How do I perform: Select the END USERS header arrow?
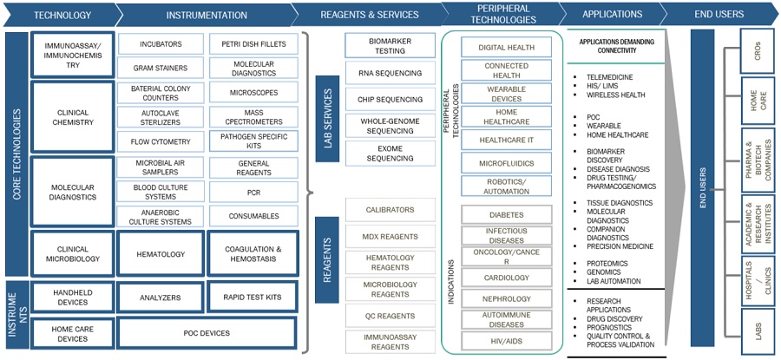(719, 15)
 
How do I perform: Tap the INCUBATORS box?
(161, 43)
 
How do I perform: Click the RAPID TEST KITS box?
(253, 298)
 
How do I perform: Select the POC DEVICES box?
(207, 333)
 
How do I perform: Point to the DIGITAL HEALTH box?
(506, 48)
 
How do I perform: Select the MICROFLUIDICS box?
(506, 162)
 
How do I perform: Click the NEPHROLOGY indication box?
(506, 298)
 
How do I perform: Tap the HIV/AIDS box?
(506, 340)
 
